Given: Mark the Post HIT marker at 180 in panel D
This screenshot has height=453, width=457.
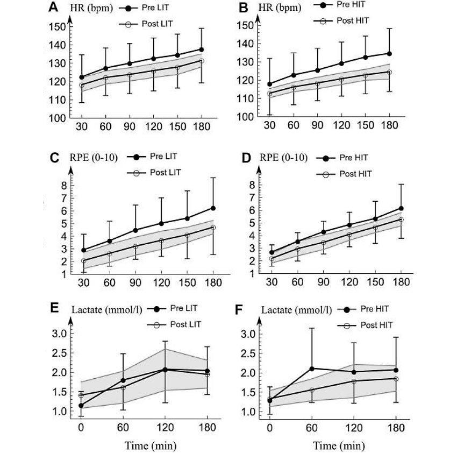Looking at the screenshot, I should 401,220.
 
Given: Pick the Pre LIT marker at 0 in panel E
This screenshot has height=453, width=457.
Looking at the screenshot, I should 81,405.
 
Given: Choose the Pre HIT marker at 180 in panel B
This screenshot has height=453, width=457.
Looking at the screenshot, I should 389,53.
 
